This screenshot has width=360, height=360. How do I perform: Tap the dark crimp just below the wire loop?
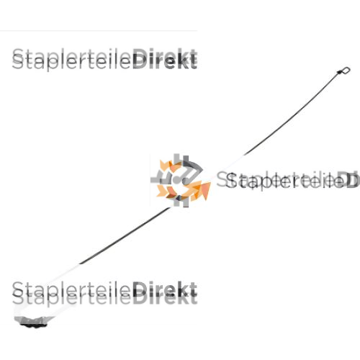tap(340, 72)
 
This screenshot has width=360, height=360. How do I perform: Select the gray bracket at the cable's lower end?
tap(34, 322)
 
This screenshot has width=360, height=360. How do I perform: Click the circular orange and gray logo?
tap(181, 180)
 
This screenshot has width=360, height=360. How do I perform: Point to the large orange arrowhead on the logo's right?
tap(203, 190)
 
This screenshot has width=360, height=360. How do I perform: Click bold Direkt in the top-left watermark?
tap(165, 59)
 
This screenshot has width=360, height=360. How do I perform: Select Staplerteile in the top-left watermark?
tap(71, 60)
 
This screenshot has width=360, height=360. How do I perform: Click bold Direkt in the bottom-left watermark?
tap(165, 292)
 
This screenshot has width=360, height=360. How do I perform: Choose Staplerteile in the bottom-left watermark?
tap(71, 294)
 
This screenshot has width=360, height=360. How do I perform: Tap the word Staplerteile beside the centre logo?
tap(276, 181)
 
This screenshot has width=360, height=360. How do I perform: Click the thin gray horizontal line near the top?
tap(99, 31)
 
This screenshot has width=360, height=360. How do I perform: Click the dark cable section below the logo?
tap(125, 235)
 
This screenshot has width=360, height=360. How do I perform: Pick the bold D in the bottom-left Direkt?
tap(140, 292)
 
